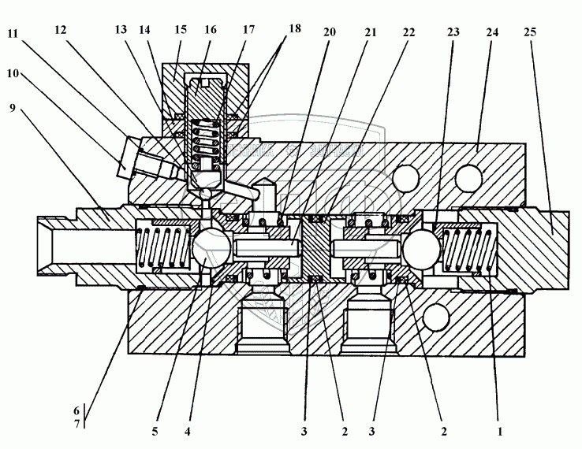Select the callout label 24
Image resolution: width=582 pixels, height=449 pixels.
click(492, 33)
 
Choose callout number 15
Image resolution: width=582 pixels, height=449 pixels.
click(181, 29)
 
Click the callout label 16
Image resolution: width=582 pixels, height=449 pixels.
click(211, 29)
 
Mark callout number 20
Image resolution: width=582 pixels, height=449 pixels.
click(330, 33)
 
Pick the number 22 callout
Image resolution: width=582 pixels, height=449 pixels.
click(409, 33)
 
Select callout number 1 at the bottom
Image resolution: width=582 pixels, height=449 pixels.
click(499, 431)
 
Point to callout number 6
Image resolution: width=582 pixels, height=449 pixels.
click(76, 411)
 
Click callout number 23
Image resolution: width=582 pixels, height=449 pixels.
click(453, 33)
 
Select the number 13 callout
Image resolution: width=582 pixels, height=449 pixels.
click(120, 29)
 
